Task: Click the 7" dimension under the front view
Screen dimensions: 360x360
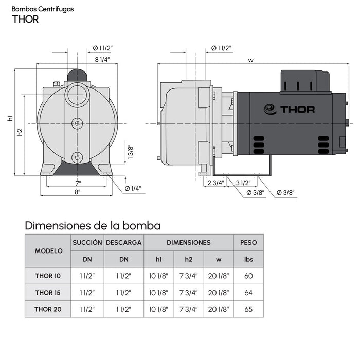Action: [x=78, y=183]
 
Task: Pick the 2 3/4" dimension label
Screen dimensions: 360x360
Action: [x=215, y=183]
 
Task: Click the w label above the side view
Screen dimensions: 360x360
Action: [x=250, y=60]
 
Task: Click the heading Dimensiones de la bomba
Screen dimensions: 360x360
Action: [x=93, y=225]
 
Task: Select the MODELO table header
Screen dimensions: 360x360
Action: [x=48, y=251]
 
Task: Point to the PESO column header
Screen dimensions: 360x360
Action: [x=248, y=242]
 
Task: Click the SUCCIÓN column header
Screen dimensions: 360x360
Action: [x=87, y=242]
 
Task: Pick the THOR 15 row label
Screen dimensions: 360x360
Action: [x=48, y=293]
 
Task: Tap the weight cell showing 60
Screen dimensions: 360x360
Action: [x=248, y=276]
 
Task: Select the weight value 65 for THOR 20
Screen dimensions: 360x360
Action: [x=248, y=309]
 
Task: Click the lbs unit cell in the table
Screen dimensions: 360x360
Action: [x=248, y=259]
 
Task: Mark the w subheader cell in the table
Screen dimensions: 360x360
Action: [x=219, y=259]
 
